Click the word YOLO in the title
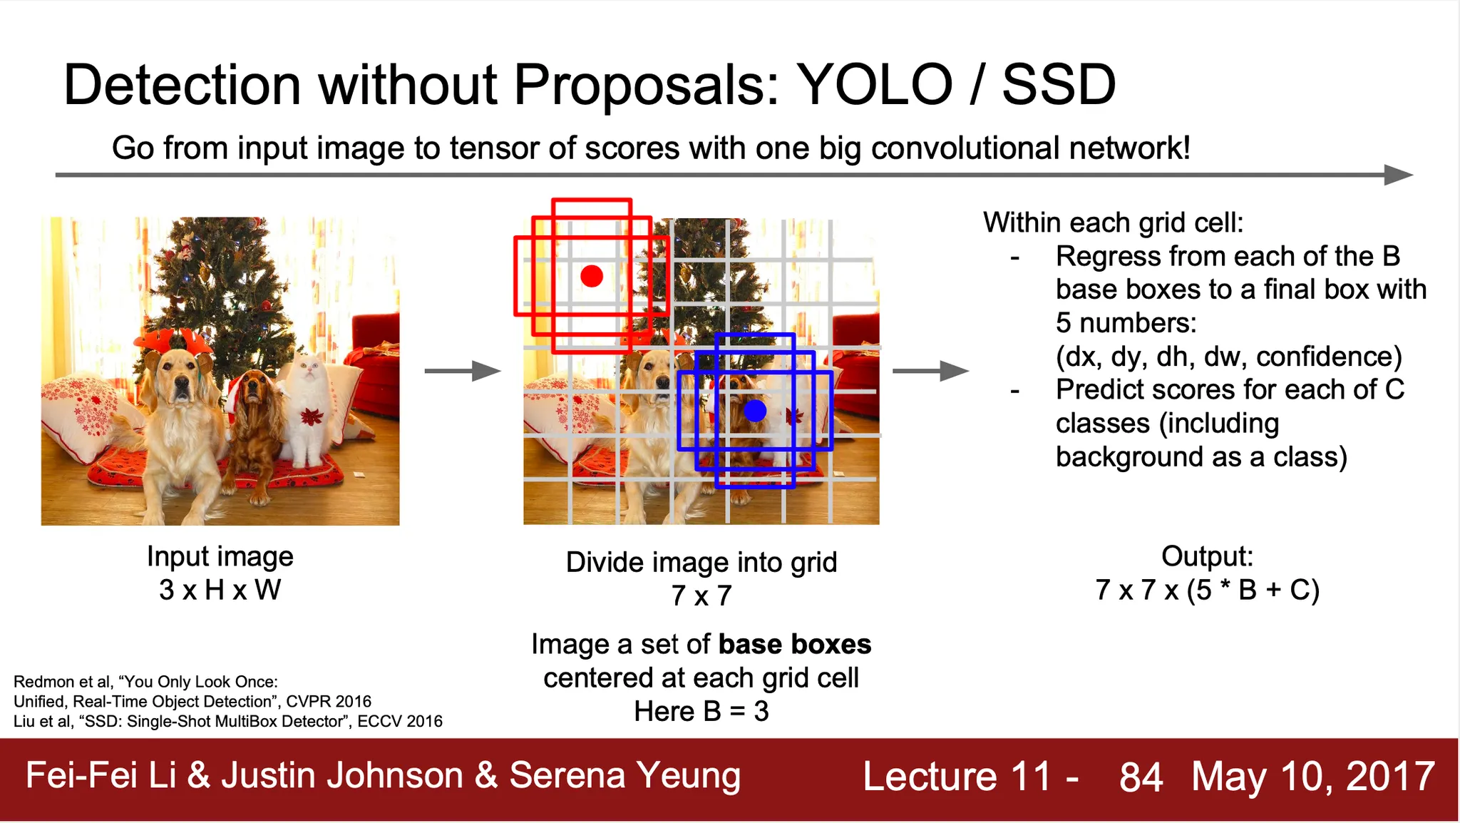[875, 84]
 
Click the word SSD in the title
[1059, 84]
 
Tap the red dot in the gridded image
[592, 276]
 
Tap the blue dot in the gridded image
[755, 411]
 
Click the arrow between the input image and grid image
[463, 371]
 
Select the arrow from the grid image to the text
[931, 371]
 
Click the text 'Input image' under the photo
[220, 556]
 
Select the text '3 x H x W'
[220, 590]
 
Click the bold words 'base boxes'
[795, 644]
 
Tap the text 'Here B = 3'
[701, 711]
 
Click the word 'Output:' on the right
[1207, 556]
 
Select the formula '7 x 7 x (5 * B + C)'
[1208, 590]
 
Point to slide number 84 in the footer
[1141, 777]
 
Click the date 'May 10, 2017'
[1313, 777]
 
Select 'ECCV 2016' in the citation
[400, 722]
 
